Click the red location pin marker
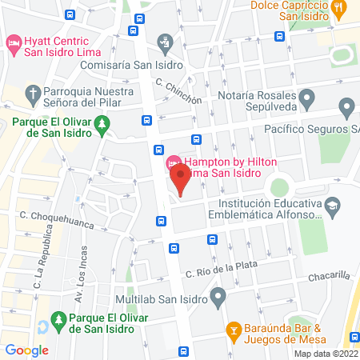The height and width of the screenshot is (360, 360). pyautogui.click(x=181, y=179)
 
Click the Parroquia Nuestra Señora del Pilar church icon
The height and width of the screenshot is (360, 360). pyautogui.click(x=33, y=94)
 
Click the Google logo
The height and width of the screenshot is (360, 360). pyautogui.click(x=26, y=350)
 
